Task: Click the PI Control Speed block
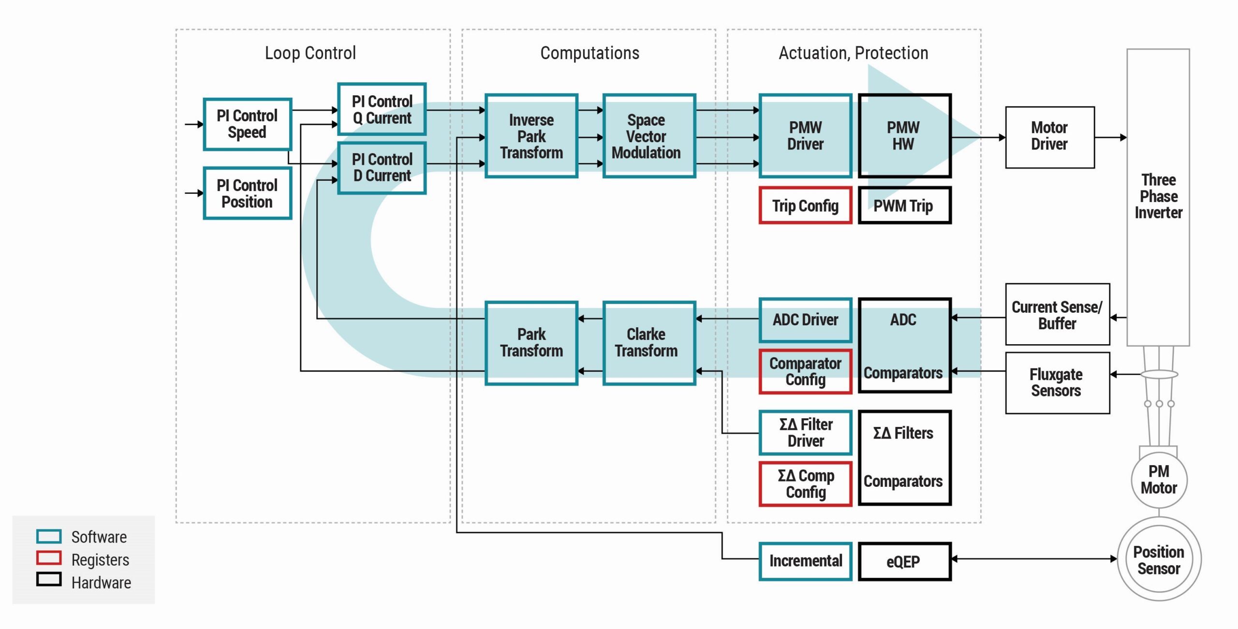click(247, 124)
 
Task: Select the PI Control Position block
click(247, 193)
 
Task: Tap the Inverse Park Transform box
click(531, 136)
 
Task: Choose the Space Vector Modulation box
click(649, 136)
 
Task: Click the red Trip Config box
click(805, 205)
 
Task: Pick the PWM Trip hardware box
click(905, 205)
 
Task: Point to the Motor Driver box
click(1050, 137)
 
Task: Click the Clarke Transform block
click(649, 343)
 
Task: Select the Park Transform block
click(531, 343)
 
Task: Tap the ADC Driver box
click(805, 320)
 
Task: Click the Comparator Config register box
click(805, 371)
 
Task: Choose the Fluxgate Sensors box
click(1058, 383)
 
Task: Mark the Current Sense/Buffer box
click(1058, 314)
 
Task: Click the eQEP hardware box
click(905, 561)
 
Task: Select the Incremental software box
click(805, 561)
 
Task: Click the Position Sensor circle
click(1159, 559)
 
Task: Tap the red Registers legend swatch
click(49, 558)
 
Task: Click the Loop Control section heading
click(310, 53)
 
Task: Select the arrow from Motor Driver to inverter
click(1111, 137)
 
